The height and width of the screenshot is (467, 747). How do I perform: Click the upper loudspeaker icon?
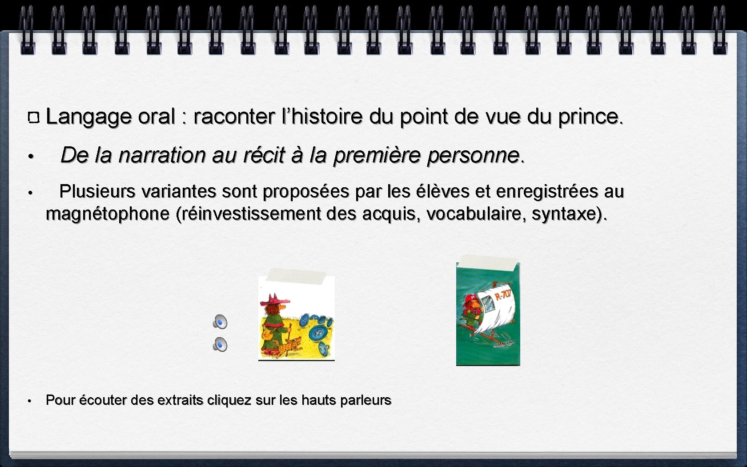click(x=220, y=322)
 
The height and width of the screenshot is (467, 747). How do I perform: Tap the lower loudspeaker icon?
click(x=220, y=345)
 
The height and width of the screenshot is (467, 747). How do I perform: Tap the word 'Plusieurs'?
click(x=97, y=192)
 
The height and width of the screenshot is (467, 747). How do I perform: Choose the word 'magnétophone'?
click(x=108, y=214)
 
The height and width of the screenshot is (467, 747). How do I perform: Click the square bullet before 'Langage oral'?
click(x=34, y=118)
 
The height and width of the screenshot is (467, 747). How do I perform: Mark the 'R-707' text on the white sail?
click(x=503, y=294)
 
